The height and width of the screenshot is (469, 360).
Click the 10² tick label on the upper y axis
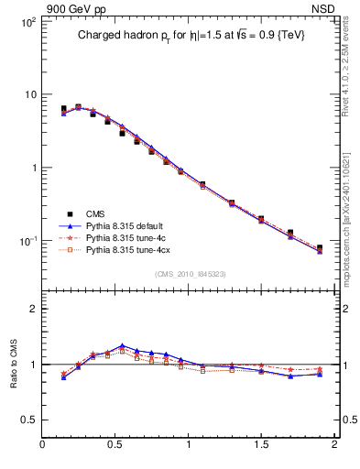(x=27, y=20)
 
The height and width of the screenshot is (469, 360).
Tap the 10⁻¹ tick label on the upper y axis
(x=27, y=241)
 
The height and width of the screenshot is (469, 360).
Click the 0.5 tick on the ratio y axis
(x=27, y=419)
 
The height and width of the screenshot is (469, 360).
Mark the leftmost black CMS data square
(x=63, y=108)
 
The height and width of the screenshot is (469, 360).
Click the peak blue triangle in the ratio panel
(x=122, y=346)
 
